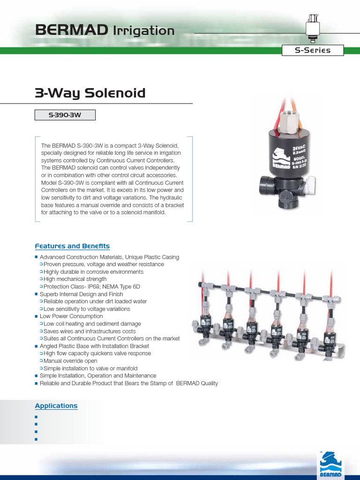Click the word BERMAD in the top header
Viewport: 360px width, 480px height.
pos(70,31)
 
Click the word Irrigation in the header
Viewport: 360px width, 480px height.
pos(143,31)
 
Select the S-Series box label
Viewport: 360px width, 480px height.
pos(313,51)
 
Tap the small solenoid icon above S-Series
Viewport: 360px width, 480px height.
pos(312,28)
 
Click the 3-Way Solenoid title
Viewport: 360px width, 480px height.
pos(90,93)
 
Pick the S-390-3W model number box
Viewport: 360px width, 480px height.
pos(65,115)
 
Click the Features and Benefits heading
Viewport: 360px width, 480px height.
pos(72,246)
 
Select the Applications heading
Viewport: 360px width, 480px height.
pos(56,406)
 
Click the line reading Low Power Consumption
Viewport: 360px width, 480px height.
pos(71,316)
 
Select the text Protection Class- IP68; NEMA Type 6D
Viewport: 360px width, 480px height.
pos(92,287)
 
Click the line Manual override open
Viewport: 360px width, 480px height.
pos(70,361)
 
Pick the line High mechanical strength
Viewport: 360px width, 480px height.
pos(75,279)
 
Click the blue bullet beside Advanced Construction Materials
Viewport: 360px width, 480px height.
pos(36,257)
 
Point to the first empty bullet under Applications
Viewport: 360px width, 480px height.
pos(36,416)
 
